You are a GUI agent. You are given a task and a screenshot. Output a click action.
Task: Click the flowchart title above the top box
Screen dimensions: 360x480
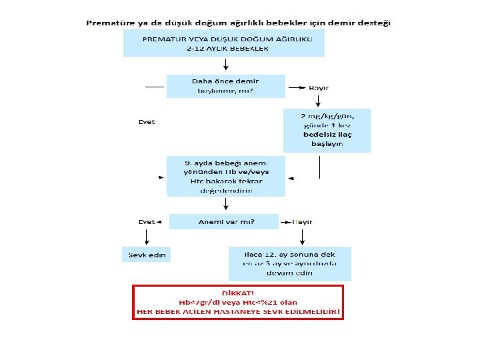(x=239, y=22)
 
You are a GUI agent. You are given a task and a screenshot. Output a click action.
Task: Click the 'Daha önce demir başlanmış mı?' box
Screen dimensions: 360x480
(x=225, y=86)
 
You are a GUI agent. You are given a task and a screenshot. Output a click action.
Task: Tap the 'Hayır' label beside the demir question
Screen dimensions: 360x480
(x=319, y=87)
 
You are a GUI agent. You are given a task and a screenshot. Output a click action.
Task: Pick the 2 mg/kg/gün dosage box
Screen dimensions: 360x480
(x=327, y=130)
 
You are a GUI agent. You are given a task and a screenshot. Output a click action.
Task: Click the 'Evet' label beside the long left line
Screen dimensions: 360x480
(x=146, y=122)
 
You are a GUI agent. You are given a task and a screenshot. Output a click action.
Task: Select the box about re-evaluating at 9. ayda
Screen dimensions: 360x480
(x=225, y=176)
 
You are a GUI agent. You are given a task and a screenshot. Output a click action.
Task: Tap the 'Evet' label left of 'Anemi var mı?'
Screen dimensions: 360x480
(x=146, y=222)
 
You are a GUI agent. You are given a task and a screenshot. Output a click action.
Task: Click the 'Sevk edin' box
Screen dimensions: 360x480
(x=146, y=255)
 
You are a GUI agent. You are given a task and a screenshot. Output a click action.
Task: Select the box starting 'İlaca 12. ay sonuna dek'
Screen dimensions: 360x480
(x=289, y=263)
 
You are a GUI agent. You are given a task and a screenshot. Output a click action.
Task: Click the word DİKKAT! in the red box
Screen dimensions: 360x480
(x=238, y=294)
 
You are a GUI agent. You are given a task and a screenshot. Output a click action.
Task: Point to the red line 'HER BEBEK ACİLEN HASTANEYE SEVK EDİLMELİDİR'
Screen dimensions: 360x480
(x=238, y=311)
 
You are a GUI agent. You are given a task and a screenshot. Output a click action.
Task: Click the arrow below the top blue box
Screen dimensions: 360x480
(x=226, y=65)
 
